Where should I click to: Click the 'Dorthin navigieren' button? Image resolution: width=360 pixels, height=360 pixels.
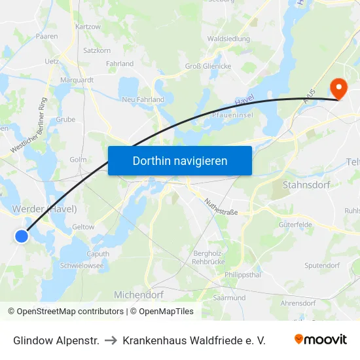click(x=180, y=160)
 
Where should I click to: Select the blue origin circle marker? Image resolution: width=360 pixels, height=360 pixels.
click(x=22, y=236)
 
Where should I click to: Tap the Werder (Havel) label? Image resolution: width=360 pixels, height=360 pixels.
click(x=45, y=209)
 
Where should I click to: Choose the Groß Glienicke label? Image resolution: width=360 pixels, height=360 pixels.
click(x=207, y=65)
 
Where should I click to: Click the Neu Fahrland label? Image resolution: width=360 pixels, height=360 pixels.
click(x=143, y=99)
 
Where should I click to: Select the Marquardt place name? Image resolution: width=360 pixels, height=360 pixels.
click(x=77, y=80)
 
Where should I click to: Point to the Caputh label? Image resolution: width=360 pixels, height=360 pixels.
click(x=98, y=254)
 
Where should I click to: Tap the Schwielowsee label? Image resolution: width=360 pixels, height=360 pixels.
click(x=82, y=266)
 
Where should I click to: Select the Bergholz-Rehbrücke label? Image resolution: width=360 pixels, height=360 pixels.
click(x=209, y=257)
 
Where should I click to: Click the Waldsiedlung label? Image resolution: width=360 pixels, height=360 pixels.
click(x=228, y=39)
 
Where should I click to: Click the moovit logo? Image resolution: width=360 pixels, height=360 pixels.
click(x=320, y=340)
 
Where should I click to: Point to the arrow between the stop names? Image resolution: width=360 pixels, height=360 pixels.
click(x=111, y=340)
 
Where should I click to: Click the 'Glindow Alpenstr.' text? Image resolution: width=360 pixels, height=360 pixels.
click(x=56, y=340)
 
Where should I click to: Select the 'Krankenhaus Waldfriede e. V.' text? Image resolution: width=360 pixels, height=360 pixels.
click(x=194, y=340)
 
